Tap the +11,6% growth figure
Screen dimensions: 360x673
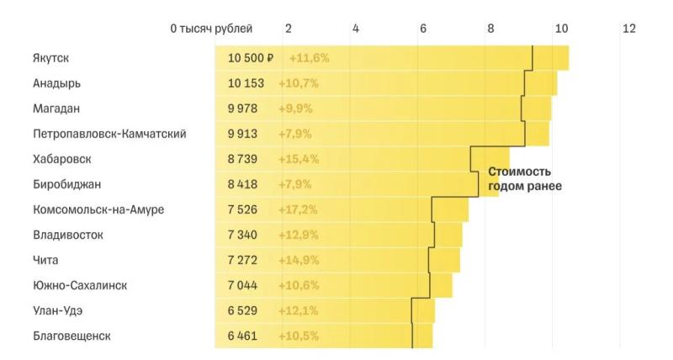[309, 58]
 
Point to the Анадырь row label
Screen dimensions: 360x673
[57, 83]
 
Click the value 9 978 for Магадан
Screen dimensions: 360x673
[246, 109]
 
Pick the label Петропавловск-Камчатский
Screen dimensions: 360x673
[109, 134]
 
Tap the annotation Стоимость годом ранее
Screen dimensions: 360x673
[524, 178]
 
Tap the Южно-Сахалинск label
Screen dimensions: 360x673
[80, 285]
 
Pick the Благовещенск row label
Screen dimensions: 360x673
[72, 336]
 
